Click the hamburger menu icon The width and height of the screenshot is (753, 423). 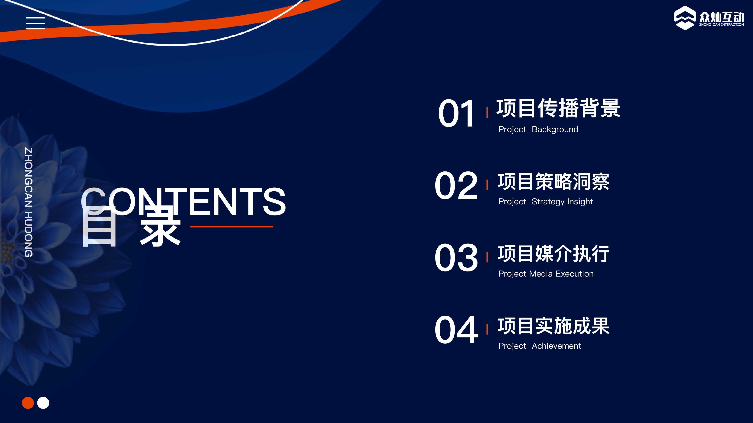click(x=35, y=23)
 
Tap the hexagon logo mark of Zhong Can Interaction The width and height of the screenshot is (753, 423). click(x=685, y=18)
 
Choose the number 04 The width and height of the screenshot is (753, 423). click(x=456, y=330)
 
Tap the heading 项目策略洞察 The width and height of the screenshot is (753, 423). click(x=554, y=182)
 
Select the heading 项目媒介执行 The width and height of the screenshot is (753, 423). click(x=554, y=254)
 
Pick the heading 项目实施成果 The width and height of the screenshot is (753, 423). click(x=554, y=326)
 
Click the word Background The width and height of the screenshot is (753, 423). click(x=555, y=129)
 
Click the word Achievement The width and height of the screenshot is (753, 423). click(x=556, y=346)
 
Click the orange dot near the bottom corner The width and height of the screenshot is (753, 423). click(x=28, y=403)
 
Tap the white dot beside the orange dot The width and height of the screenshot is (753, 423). click(x=43, y=403)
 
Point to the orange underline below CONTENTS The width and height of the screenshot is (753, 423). click(x=232, y=226)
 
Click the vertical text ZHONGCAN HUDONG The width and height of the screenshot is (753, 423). click(x=28, y=202)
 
